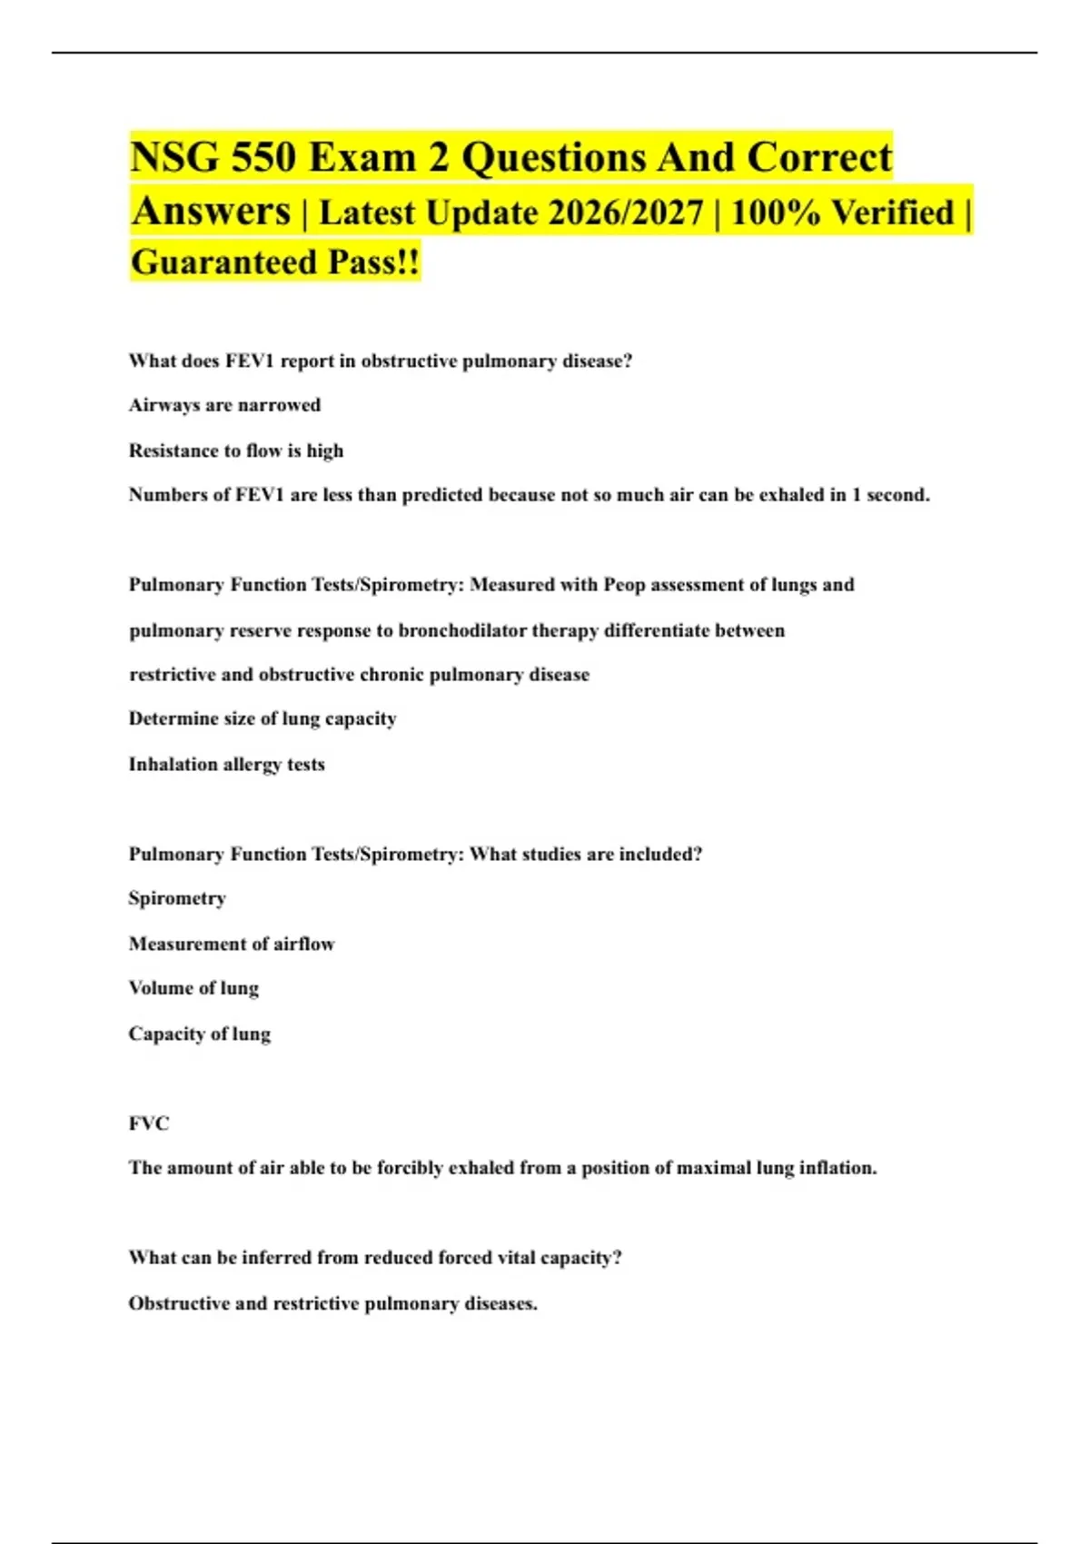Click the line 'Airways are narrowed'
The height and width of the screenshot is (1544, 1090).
224,405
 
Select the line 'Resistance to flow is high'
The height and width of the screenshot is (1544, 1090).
236,450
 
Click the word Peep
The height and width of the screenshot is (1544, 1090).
624,585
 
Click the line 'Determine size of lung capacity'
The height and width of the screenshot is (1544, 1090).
263,718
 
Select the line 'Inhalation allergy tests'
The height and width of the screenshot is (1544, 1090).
226,765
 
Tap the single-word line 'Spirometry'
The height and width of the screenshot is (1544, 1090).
177,898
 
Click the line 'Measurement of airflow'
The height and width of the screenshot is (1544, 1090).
232,944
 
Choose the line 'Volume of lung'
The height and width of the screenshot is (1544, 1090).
193,988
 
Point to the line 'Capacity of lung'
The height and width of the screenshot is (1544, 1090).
200,1034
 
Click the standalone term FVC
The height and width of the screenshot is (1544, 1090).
149,1123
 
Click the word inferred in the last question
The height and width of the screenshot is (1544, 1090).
277,1258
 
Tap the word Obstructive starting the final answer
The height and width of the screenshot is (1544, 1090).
179,1303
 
